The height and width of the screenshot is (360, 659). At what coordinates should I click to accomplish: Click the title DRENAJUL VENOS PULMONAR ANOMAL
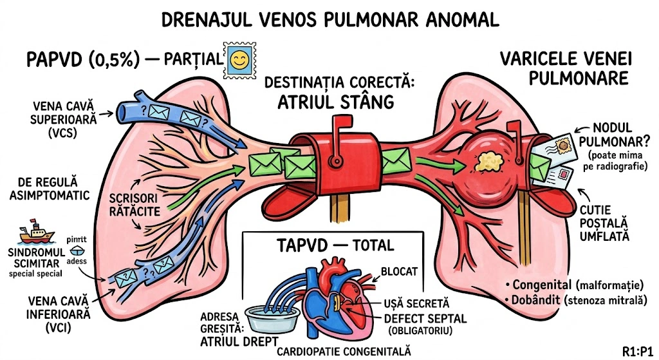329,19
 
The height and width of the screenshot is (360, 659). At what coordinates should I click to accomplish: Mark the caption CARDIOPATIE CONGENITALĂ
344,351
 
